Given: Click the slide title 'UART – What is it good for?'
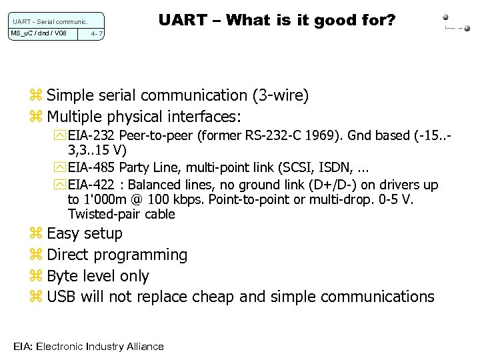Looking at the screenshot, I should [277, 20].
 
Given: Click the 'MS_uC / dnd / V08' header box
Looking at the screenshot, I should [39, 33].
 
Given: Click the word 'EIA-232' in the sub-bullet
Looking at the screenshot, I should [91, 136].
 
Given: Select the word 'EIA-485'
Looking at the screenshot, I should [91, 169].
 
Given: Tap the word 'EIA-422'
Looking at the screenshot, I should [91, 185].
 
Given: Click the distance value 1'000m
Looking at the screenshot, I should [110, 199].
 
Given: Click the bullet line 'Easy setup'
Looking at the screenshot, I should [85, 233].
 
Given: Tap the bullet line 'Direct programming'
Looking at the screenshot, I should [117, 255].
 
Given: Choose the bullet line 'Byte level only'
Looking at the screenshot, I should [98, 276].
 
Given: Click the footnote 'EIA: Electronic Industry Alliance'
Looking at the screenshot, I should [88, 346].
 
